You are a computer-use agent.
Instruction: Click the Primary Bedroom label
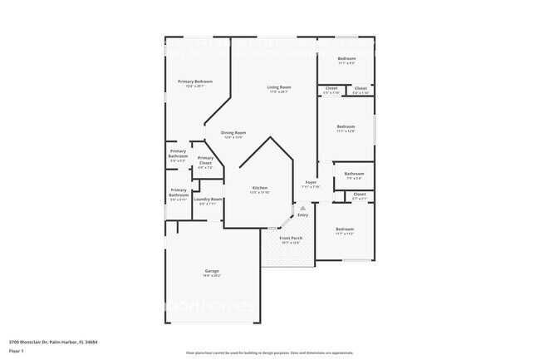point(195,81)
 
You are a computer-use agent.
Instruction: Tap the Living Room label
point(278,87)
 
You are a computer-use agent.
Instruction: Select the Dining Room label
point(233,133)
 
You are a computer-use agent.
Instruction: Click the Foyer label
point(311,182)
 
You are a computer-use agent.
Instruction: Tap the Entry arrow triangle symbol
point(302,209)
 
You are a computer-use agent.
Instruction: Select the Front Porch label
point(290,239)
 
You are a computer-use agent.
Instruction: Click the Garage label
point(212,271)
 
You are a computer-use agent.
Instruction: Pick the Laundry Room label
point(208,200)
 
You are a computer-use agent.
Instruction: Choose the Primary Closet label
point(205,159)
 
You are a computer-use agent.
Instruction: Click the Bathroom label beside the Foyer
point(354,175)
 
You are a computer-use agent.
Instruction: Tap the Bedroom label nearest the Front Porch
point(345,229)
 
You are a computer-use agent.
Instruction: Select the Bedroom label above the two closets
point(347,59)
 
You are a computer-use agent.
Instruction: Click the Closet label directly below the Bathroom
point(359,195)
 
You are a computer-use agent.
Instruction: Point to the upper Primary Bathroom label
point(178,154)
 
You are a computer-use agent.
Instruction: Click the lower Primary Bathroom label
point(179,192)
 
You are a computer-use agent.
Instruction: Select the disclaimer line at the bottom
point(269,353)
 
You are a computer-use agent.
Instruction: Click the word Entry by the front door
point(302,216)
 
